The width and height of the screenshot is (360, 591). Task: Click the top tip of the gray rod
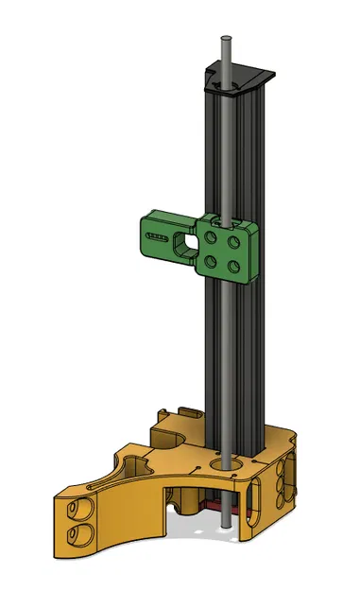(224, 40)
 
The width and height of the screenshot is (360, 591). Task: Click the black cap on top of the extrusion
(248, 77)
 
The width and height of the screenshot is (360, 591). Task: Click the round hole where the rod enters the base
(224, 464)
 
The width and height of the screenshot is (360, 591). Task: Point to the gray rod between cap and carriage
(224, 151)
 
